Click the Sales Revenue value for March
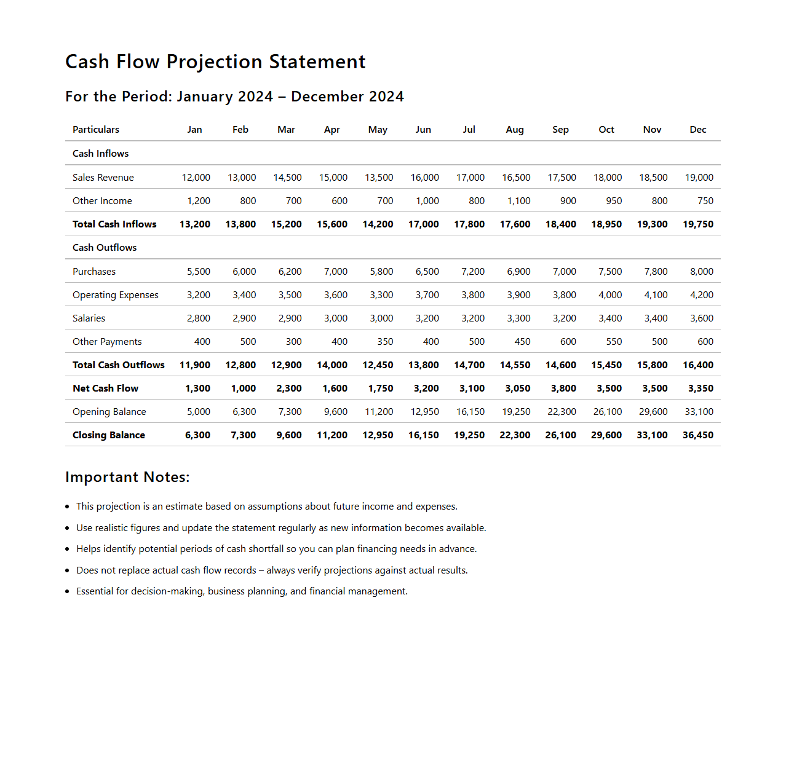tap(287, 178)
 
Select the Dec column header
tap(697, 130)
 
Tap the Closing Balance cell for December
tap(697, 435)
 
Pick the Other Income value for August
tap(518, 201)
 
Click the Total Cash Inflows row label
tap(114, 224)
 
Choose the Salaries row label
tap(89, 318)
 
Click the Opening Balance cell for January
tap(198, 412)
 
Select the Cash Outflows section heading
tap(105, 248)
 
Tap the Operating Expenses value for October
tap(609, 295)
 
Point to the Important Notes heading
tap(127, 477)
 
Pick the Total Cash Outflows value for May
tap(378, 365)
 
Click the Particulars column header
tap(96, 130)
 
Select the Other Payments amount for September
tap(568, 342)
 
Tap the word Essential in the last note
tap(95, 591)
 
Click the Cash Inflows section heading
tap(100, 154)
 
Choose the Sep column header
tap(560, 130)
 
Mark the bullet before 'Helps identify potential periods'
tap(67, 549)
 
